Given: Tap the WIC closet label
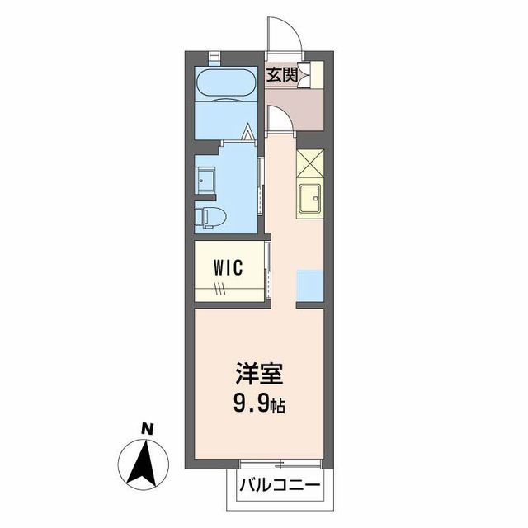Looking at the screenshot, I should (227, 267).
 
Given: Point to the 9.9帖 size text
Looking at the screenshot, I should (260, 405).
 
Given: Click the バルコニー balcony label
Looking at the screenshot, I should (280, 484).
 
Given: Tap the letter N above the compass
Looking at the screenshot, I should (147, 428).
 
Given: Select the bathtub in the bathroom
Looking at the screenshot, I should (228, 84).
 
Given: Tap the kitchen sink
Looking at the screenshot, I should (312, 200).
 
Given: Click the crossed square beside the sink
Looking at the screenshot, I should (311, 164).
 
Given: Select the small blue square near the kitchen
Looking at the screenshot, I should (310, 285).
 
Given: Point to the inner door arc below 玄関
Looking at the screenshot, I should (278, 120).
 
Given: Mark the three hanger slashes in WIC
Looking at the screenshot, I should (219, 289).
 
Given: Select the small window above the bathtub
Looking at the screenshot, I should (214, 56).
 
